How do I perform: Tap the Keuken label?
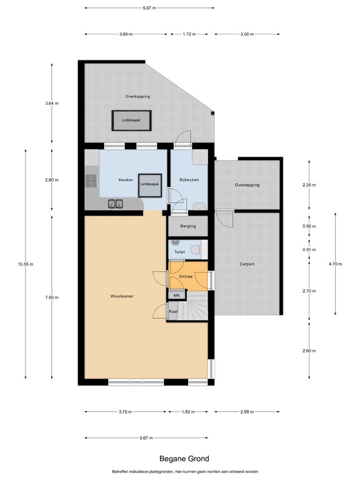pyautogui.click(x=126, y=180)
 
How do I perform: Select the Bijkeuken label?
pyautogui.click(x=189, y=180)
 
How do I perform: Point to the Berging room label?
pyautogui.click(x=187, y=226)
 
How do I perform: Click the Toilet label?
pyautogui.click(x=179, y=252)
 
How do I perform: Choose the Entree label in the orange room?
pyautogui.click(x=186, y=276)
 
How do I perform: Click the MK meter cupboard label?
pyautogui.click(x=176, y=295)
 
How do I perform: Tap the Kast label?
pyautogui.click(x=174, y=311)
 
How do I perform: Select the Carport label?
pyautogui.click(x=247, y=264)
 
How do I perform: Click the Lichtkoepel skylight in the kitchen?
pyautogui.click(x=149, y=184)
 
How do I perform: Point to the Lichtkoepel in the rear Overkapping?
pyautogui.click(x=131, y=120)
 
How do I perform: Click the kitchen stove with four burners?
pyautogui.click(x=91, y=181)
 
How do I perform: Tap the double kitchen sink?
pyautogui.click(x=115, y=203)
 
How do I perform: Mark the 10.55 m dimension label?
pyautogui.click(x=26, y=264)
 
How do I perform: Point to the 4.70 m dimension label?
pyautogui.click(x=336, y=264)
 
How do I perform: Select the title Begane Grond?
pyautogui.click(x=180, y=458)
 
